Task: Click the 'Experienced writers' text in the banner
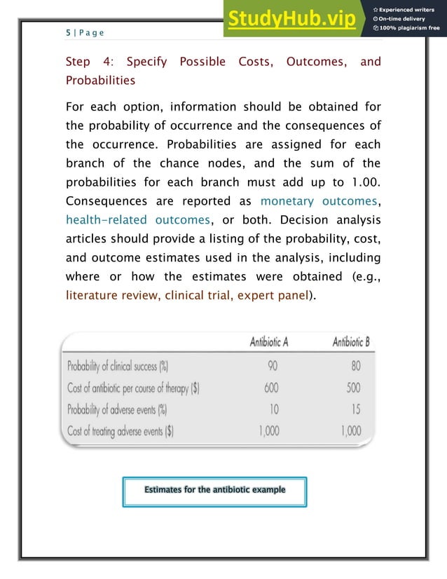pyautogui.click(x=409, y=8)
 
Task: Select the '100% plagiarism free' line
pyautogui.click(x=407, y=28)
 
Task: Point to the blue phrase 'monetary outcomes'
pyautogui.click(x=320, y=200)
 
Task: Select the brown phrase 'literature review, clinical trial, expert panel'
pyautogui.click(x=188, y=294)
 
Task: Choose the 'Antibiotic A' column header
pyautogui.click(x=269, y=342)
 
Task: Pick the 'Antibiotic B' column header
pyautogui.click(x=350, y=342)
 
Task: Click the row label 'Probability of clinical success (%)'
pyautogui.click(x=118, y=366)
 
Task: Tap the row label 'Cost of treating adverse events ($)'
pyautogui.click(x=120, y=431)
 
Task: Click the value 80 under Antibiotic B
pyautogui.click(x=355, y=365)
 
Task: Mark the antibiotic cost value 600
pyautogui.click(x=272, y=387)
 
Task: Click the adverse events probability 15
pyautogui.click(x=355, y=409)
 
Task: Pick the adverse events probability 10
pyautogui.click(x=273, y=409)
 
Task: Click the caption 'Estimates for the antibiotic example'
pyautogui.click(x=214, y=489)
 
